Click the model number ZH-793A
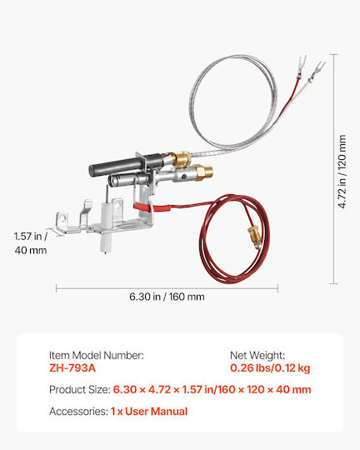pos(72,368)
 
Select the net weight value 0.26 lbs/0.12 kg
pos(270,368)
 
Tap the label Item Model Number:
pos(97,355)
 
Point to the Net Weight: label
pos(257,355)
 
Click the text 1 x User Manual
pos(149,412)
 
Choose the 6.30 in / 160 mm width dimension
pos(167,297)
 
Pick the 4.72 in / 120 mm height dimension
pos(342,172)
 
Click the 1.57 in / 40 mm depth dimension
pos(31,243)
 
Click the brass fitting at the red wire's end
pos(255,234)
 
